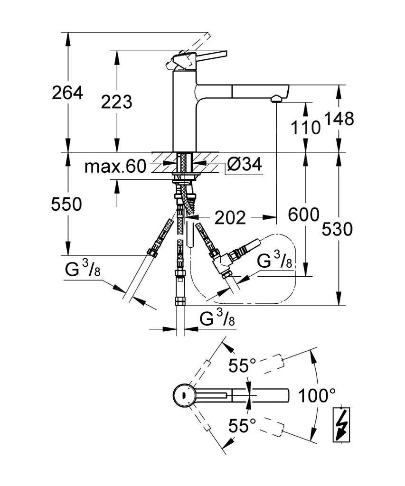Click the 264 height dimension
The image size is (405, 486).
pos(67,93)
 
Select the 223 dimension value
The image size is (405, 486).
pos(116,102)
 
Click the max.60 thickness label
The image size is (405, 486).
pos(115,166)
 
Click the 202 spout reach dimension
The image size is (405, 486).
pos(230,218)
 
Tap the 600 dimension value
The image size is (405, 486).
pos(304,215)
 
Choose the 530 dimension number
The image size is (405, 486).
pos(338,229)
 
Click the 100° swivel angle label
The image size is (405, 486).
pos(317,395)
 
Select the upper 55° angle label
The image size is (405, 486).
pos(242,366)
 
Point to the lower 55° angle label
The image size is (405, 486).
pos(242,426)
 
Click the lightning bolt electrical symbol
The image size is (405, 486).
pos(340,424)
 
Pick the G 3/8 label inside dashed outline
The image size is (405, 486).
pos(274,262)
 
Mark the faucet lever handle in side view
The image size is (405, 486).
pos(199,56)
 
